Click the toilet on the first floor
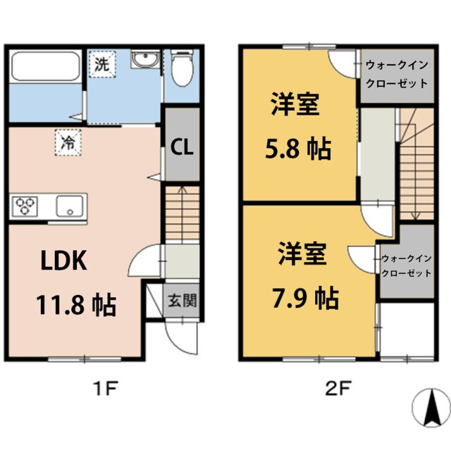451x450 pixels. (183, 69)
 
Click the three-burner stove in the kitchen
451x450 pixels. (26, 206)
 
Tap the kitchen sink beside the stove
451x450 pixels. (70, 206)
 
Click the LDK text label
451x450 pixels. (62, 261)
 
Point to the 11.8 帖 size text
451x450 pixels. (76, 305)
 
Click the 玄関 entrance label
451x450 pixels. (181, 301)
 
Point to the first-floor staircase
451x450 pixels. (183, 211)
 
